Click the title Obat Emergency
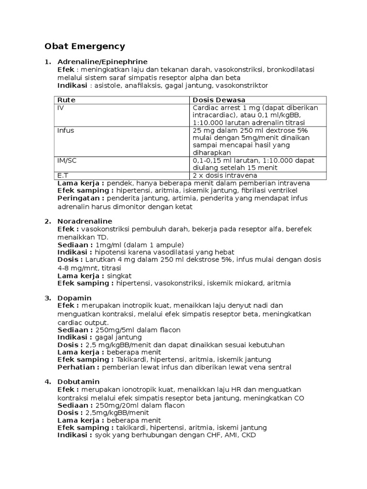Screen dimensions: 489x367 tap(85, 46)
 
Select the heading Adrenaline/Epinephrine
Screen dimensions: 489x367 tap(102, 62)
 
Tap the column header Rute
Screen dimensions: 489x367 tap(66, 100)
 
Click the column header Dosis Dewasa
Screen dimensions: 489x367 tap(218, 100)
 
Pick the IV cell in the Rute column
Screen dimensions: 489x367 tap(61, 108)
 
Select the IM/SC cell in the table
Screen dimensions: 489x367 tap(67, 160)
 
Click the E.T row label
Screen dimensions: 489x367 tap(63, 176)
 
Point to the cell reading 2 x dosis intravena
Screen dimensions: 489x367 tap(225, 176)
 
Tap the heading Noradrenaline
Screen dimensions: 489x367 tap(85, 221)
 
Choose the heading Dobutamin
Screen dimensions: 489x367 tap(78, 382)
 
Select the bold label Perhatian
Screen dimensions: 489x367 tap(78, 367)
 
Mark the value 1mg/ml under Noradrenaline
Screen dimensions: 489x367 tap(108, 244)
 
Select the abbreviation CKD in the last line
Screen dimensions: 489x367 tap(248, 436)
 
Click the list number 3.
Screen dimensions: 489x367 tap(47, 298)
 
